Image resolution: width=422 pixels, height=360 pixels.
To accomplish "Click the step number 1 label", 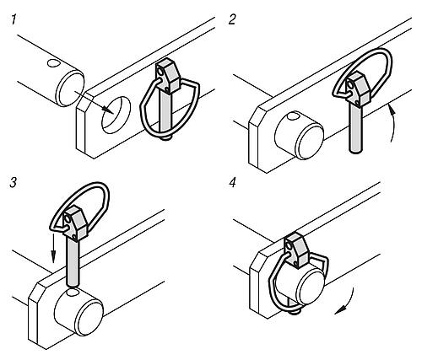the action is point(14,20).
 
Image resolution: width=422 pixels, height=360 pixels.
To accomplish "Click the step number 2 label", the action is point(232,20).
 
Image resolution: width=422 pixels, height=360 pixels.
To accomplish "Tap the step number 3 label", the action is point(14,183).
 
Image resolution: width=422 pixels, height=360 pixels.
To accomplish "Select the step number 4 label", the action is point(232,183).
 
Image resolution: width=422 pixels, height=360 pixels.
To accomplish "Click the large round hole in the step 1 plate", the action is point(116,115).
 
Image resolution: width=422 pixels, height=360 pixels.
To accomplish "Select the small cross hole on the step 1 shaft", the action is point(52,63).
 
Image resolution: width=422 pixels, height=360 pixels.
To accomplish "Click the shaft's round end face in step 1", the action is point(70,89).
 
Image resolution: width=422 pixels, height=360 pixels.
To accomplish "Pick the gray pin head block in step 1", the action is point(168,75).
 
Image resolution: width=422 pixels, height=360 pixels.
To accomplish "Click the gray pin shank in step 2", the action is point(355,128).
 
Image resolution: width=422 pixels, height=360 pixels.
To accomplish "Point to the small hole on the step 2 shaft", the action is point(293,116).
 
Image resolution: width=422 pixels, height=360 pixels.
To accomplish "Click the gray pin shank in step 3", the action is point(73,263).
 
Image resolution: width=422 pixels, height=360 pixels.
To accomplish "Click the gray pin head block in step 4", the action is point(296,250).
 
